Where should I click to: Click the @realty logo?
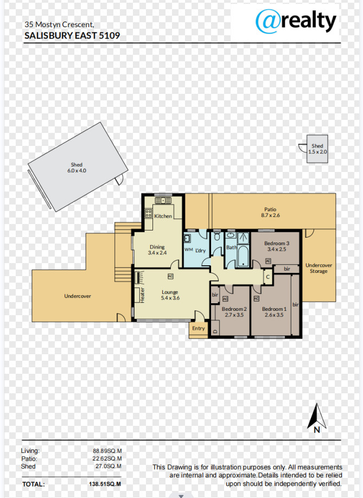click(296, 21)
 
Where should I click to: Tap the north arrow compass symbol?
click(317, 418)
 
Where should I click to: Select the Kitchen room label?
click(163, 216)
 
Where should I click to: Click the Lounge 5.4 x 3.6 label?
click(170, 295)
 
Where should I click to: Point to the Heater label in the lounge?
click(142, 295)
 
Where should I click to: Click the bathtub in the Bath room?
click(243, 256)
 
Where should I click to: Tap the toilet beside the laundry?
click(217, 237)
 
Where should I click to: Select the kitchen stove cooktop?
click(148, 213)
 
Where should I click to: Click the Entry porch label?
click(199, 328)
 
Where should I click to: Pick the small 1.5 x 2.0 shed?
click(317, 149)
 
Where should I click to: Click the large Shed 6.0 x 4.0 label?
click(77, 168)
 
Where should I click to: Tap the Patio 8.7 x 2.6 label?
click(270, 212)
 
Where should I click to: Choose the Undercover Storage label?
click(319, 268)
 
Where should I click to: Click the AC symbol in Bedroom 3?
click(268, 261)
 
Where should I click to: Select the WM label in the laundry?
click(189, 250)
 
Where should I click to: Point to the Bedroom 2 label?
click(234, 309)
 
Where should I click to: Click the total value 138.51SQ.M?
click(105, 484)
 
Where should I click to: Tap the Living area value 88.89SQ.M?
click(107, 451)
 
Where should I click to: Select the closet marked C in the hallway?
click(268, 277)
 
